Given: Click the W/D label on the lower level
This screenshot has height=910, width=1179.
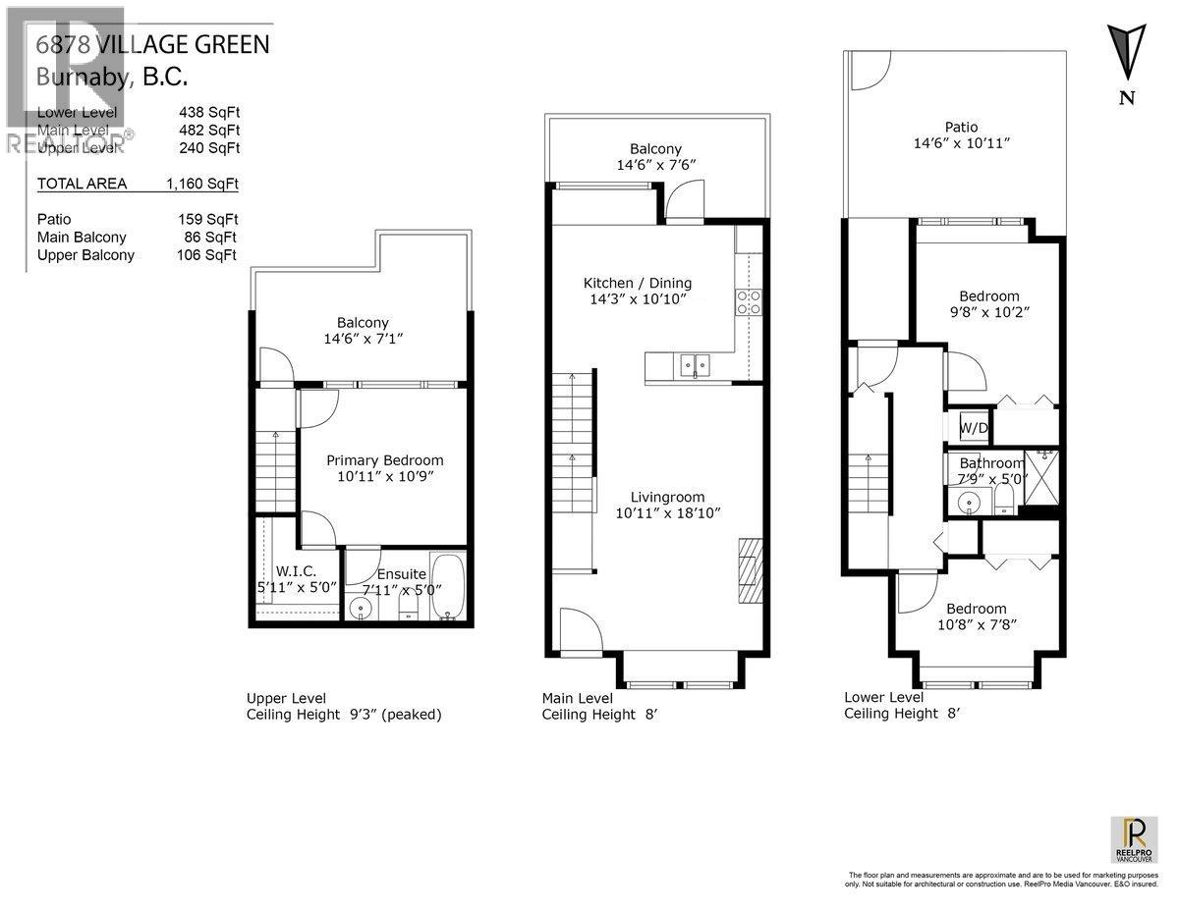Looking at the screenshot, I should click(x=974, y=428).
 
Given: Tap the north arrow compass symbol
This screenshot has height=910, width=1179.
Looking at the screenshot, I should click(x=1126, y=54).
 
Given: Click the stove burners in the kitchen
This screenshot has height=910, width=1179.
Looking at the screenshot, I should click(x=749, y=301).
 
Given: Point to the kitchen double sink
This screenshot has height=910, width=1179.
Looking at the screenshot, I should click(x=694, y=365).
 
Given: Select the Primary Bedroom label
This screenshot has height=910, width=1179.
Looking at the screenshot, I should click(x=384, y=459).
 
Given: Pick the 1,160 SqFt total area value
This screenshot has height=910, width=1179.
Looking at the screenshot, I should click(x=202, y=184).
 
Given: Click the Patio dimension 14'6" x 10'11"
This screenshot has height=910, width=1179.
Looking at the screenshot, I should click(x=961, y=143).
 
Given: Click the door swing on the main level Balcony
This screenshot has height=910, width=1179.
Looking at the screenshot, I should click(x=679, y=203).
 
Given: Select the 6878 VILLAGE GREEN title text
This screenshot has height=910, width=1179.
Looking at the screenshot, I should click(x=151, y=44).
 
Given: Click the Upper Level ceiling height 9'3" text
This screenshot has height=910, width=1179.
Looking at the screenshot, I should click(x=344, y=715).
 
